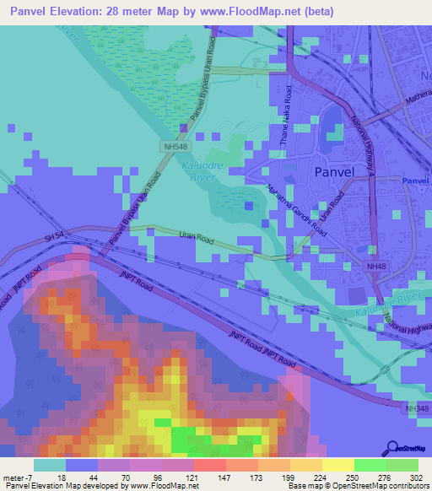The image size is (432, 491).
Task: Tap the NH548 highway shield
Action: [170, 147]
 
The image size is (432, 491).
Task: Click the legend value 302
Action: [417, 477]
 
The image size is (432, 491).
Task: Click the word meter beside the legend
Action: [12, 477]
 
